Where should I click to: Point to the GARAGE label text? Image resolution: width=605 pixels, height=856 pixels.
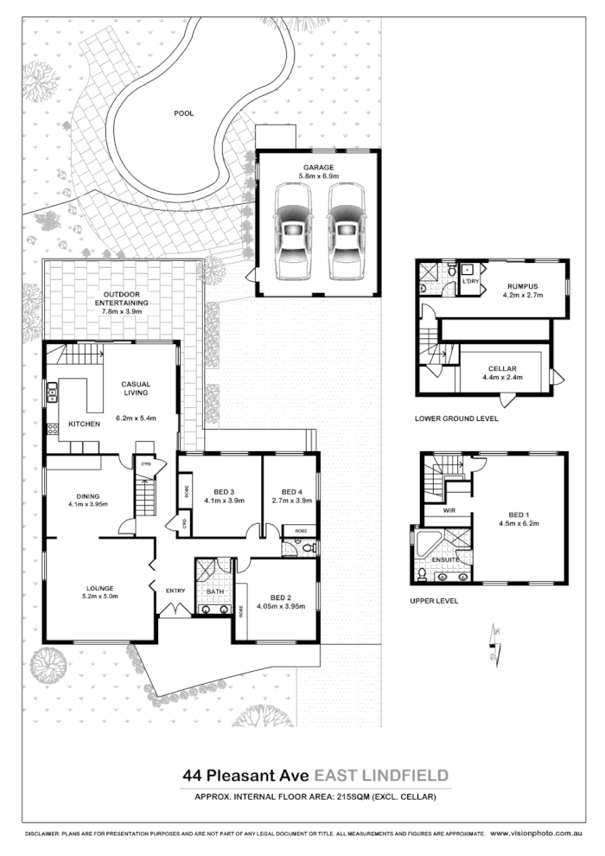[x=318, y=167]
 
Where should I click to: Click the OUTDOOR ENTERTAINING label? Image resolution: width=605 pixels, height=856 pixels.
[x=121, y=298]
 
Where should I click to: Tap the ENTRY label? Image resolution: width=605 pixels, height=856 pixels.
[x=175, y=591]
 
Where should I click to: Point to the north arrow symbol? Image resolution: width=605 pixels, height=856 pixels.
[x=496, y=640]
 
